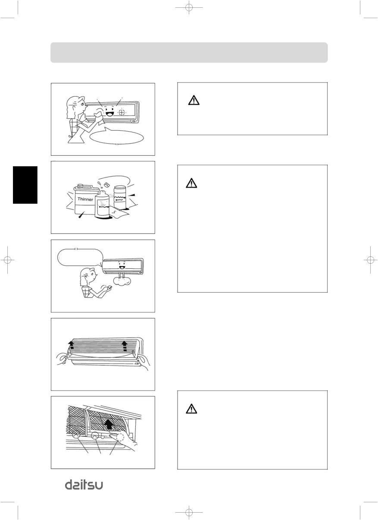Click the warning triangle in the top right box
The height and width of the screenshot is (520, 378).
[194, 101]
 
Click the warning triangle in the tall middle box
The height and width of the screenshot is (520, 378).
[191, 183]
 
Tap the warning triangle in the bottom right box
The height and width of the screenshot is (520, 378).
[191, 409]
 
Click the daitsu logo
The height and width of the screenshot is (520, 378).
[84, 485]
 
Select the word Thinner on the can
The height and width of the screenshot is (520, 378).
[85, 199]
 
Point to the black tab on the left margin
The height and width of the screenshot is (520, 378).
[25, 185]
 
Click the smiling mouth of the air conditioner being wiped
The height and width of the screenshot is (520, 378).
[109, 114]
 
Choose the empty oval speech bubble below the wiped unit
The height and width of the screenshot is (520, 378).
[117, 137]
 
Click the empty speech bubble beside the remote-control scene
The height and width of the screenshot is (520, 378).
[80, 257]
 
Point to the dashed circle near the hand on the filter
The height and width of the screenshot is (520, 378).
[120, 437]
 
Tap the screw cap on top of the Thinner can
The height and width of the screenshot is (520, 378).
[80, 186]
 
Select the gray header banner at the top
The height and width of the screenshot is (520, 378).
[189, 53]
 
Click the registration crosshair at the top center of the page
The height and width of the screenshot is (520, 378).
[189, 7]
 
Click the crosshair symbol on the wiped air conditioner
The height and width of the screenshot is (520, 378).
[121, 113]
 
